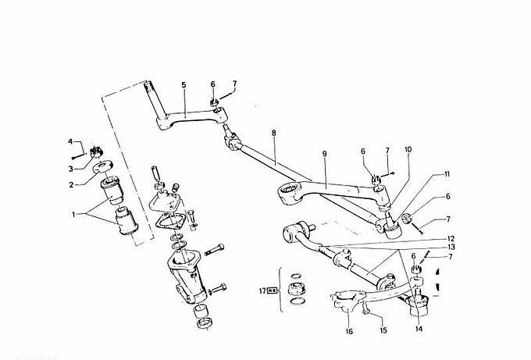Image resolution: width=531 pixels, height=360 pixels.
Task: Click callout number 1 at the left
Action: click(74, 215)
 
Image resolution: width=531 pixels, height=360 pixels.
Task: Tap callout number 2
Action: click(71, 184)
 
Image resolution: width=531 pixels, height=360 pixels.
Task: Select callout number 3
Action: click(71, 169)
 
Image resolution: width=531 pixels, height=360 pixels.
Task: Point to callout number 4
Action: click(70, 141)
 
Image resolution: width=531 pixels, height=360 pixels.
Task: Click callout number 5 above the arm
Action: click(184, 84)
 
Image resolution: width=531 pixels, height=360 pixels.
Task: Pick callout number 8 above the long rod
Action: click(273, 133)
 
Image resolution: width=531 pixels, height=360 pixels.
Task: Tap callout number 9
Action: click(324, 154)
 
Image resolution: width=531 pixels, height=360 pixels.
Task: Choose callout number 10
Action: click(408, 149)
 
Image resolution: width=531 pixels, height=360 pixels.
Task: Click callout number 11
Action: click(447, 174)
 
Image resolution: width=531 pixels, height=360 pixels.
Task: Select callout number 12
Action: click(451, 238)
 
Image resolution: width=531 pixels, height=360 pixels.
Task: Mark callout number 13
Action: click(451, 247)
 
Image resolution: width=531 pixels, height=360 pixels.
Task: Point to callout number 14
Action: click(419, 329)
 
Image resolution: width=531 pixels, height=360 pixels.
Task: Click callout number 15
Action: click(383, 330)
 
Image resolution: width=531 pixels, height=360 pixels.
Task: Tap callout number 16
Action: click(349, 331)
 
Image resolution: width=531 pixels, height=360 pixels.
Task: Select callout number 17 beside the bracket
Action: click(263, 290)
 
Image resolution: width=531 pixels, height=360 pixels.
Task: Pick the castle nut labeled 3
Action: click(97, 152)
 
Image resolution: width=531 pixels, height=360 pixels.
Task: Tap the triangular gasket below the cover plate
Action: click(170, 222)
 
